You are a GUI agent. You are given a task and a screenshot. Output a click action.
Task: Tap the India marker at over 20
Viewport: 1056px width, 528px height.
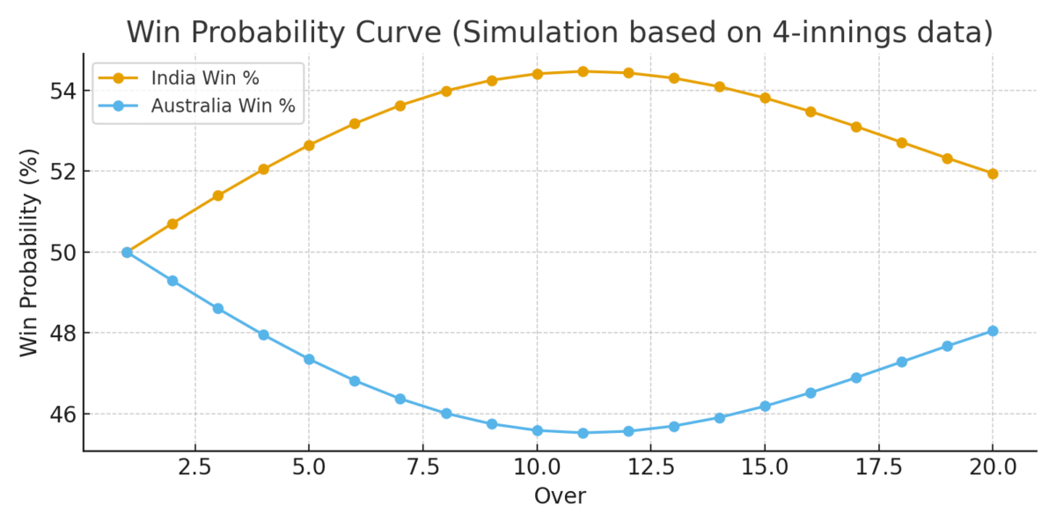click(x=993, y=173)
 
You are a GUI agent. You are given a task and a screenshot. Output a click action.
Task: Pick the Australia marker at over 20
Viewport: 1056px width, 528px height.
click(x=993, y=331)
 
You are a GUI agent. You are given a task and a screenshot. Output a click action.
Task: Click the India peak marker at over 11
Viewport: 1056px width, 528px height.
click(x=583, y=71)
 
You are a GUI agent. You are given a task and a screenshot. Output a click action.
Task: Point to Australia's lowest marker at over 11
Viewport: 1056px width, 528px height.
click(x=583, y=433)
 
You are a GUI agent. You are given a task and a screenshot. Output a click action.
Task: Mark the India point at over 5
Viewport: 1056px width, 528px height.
click(x=309, y=145)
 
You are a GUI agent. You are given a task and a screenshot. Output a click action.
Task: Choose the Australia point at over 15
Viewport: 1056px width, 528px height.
click(x=765, y=406)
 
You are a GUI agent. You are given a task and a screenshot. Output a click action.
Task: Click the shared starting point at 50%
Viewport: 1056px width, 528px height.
click(x=127, y=252)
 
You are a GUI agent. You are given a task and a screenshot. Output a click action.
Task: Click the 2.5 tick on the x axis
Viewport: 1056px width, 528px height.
click(x=194, y=467)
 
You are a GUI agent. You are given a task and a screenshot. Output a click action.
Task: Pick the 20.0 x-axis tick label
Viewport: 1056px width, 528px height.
click(x=993, y=467)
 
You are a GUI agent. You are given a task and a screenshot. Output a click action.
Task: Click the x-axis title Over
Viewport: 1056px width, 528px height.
click(x=560, y=496)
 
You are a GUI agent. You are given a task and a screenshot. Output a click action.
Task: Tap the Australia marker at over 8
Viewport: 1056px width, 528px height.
click(x=446, y=413)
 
